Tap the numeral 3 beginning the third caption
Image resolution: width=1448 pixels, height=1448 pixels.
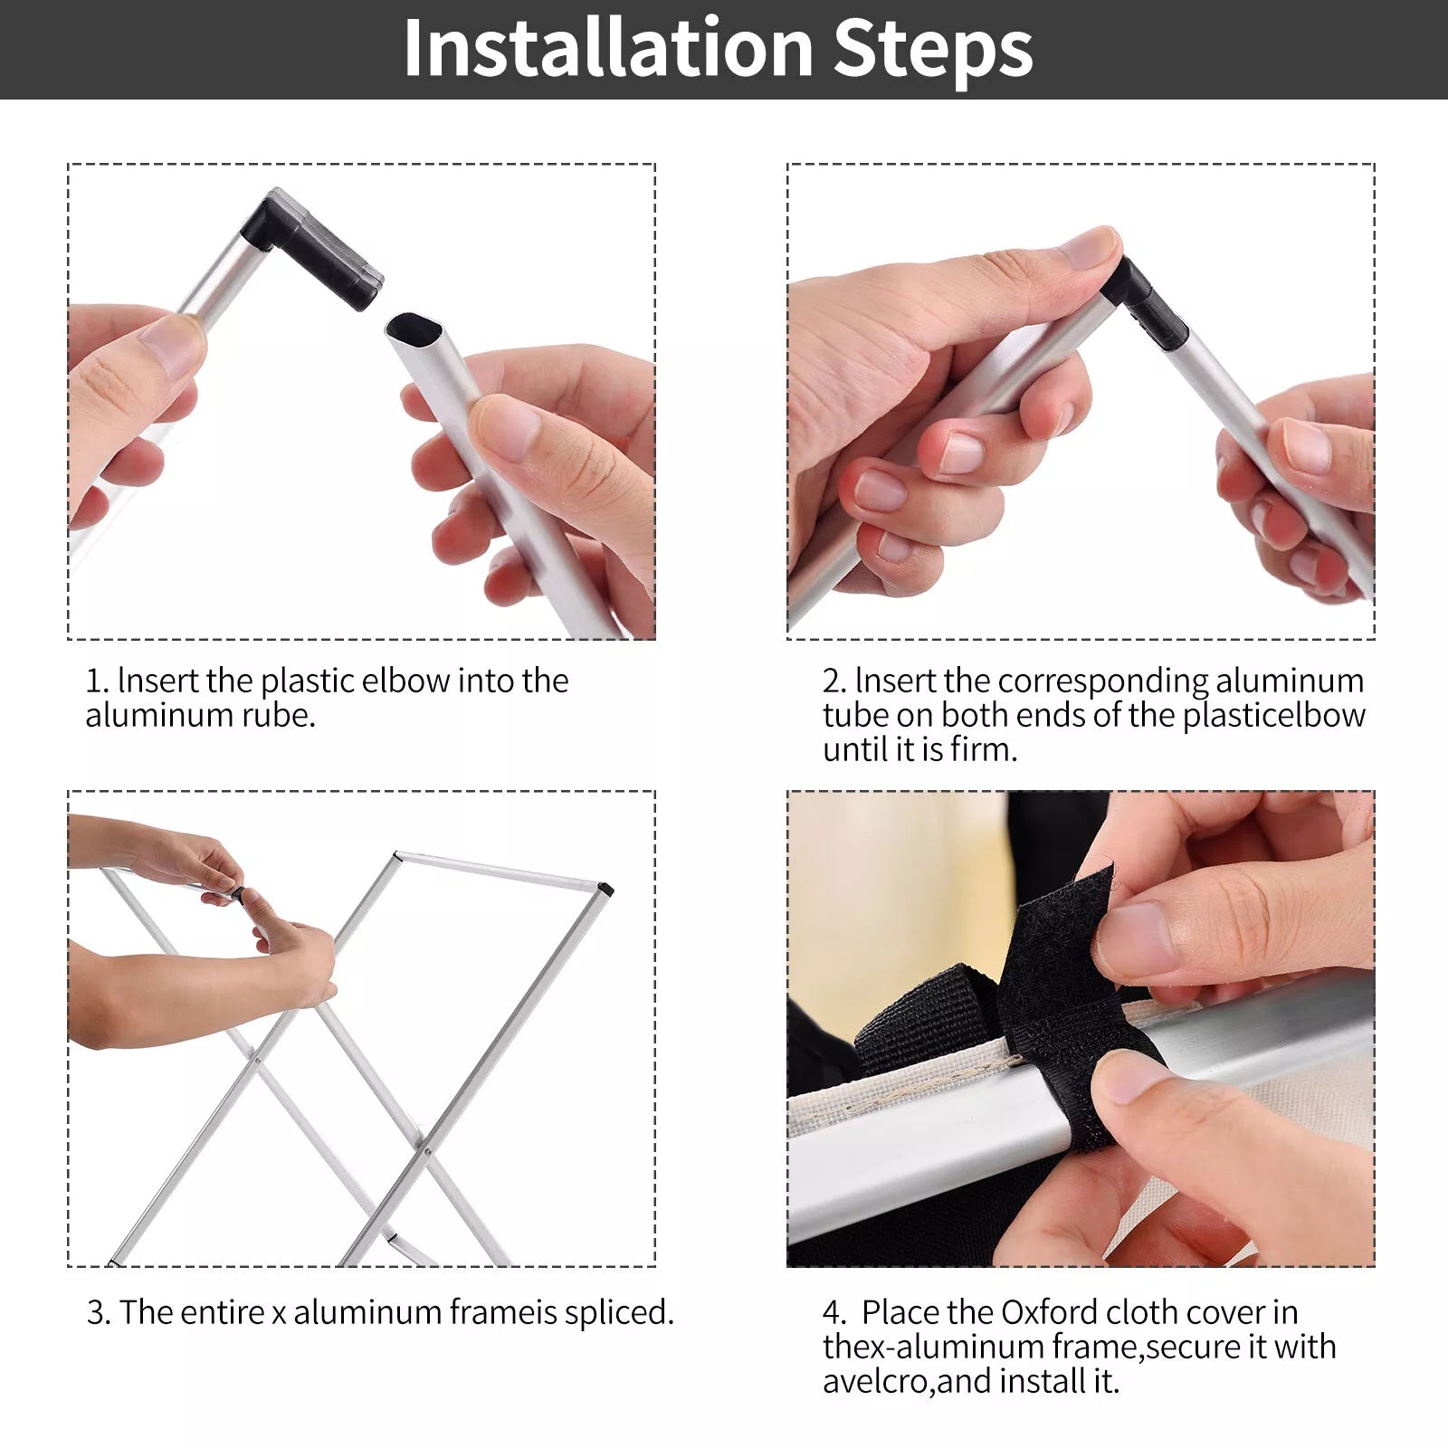pyautogui.click(x=95, y=1313)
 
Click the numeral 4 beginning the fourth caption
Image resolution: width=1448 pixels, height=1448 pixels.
pyautogui.click(x=832, y=1313)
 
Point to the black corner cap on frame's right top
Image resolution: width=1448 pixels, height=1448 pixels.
pyautogui.click(x=605, y=890)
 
